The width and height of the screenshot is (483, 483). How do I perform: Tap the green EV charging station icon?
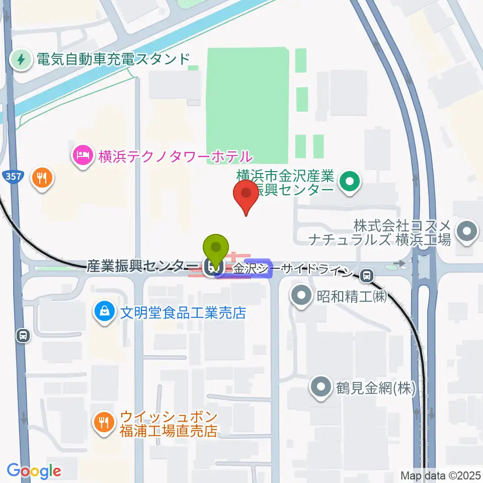21,60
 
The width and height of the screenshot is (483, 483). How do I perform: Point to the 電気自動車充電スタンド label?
112,60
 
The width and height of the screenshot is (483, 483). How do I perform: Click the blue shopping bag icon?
104,312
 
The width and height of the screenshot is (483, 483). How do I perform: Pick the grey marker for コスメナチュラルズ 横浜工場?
466,231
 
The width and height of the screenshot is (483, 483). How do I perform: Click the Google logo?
34,471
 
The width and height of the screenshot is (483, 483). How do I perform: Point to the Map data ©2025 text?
440,475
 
